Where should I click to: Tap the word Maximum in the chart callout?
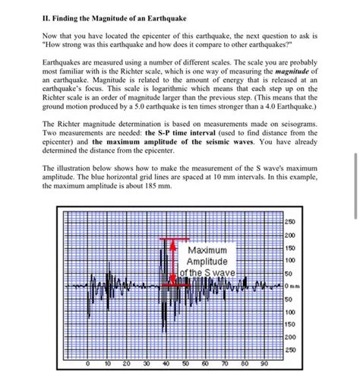pos(212,250)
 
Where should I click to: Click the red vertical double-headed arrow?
pos(173,262)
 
